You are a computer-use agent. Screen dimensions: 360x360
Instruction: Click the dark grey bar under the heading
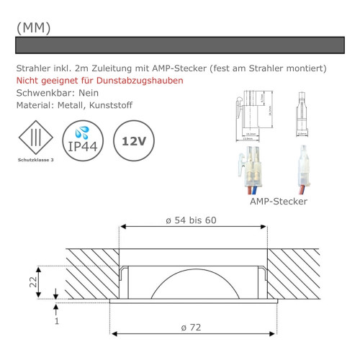(x=180, y=45)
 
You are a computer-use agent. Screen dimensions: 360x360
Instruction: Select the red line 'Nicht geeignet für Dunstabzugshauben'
(x=99, y=80)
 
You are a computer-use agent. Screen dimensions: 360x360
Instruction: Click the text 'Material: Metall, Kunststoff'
(x=73, y=106)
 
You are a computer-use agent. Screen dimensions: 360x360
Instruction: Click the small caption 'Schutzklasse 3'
(x=35, y=161)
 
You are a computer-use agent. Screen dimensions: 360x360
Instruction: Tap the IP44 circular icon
(x=84, y=140)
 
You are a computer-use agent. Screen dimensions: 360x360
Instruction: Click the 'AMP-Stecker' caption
(x=279, y=202)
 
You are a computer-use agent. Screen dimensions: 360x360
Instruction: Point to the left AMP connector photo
(x=252, y=170)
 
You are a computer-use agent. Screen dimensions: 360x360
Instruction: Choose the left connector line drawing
(x=252, y=115)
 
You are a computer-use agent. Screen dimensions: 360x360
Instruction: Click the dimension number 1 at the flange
(x=57, y=320)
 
